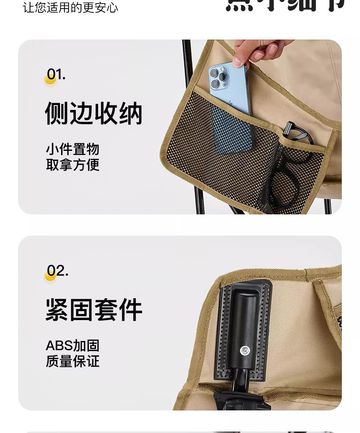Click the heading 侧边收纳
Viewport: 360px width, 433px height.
point(94,113)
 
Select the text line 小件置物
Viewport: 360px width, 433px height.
point(73,149)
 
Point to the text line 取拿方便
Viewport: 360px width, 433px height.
point(73,165)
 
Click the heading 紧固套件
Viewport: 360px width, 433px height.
point(94,310)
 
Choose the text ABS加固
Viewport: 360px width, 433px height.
point(72,345)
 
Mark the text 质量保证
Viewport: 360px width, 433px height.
point(73,361)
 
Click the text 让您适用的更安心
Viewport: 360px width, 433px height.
point(70,8)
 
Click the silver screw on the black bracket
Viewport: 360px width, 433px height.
point(245,350)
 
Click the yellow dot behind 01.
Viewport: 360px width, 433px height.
point(50,80)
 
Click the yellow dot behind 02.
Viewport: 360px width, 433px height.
point(50,276)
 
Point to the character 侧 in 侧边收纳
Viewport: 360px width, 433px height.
point(57,113)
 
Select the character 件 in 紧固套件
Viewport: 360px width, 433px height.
point(130,310)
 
